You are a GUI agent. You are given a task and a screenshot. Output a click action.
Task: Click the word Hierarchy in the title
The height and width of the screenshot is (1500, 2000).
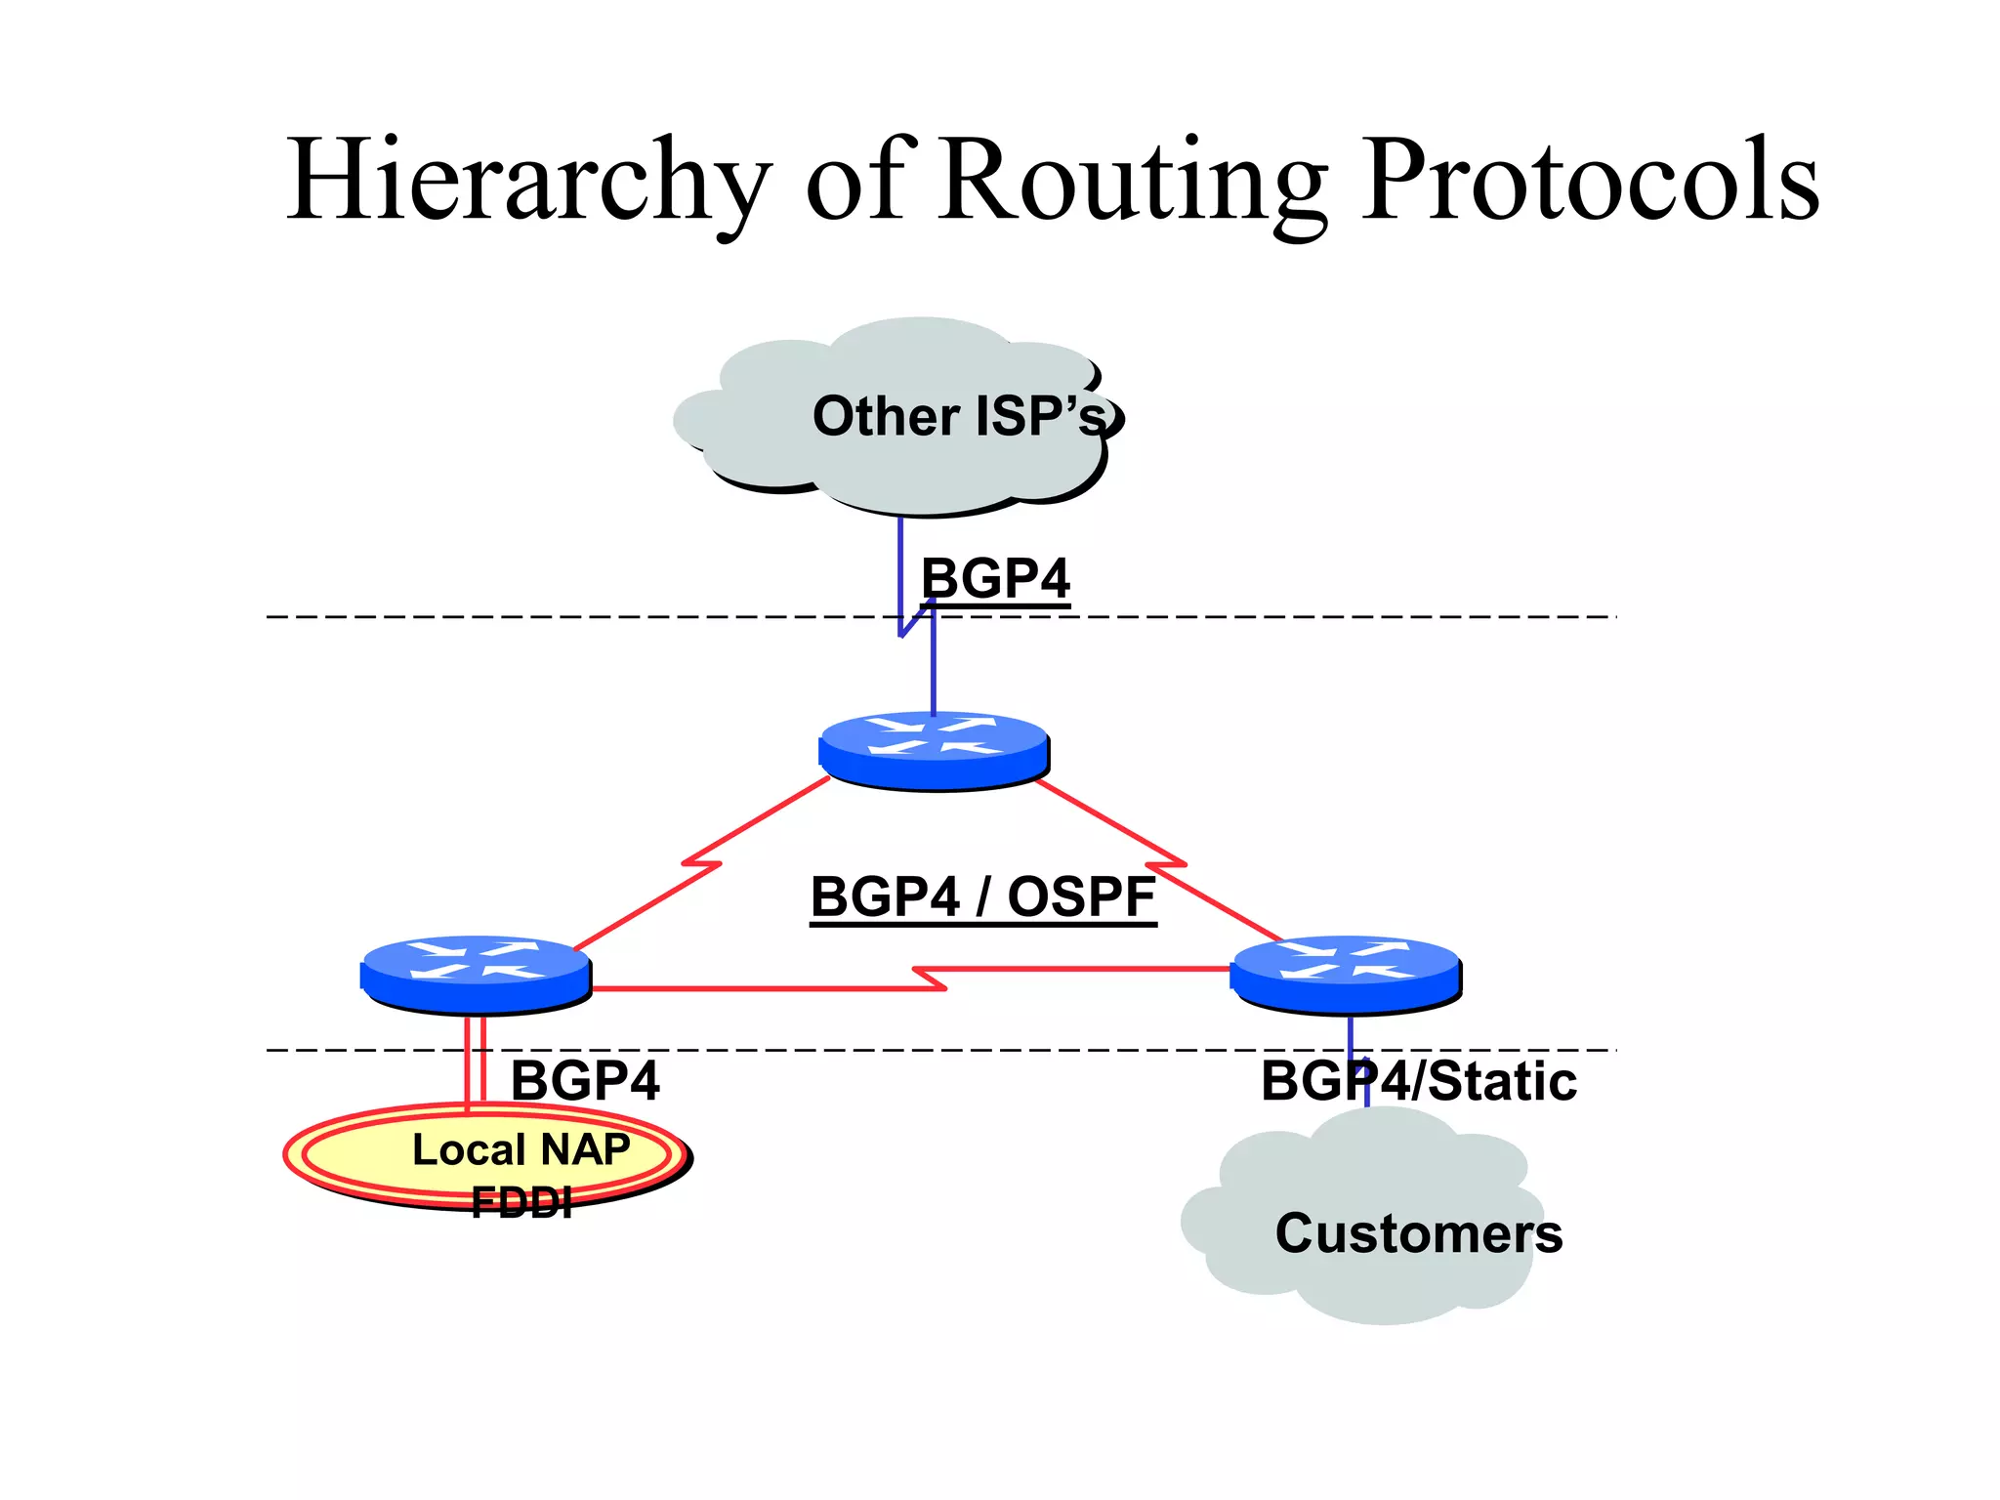point(527,181)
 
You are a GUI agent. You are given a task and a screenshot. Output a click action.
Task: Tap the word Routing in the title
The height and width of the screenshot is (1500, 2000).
point(1133,181)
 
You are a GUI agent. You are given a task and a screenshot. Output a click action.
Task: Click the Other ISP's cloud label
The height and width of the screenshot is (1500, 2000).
point(959,416)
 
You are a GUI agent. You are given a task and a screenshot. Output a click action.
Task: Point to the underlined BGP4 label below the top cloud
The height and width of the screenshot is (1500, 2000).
point(995,578)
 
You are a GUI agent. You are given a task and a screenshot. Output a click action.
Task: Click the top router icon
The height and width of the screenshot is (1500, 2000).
point(934,750)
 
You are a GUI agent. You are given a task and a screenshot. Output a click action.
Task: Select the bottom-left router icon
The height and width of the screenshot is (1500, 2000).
point(477,974)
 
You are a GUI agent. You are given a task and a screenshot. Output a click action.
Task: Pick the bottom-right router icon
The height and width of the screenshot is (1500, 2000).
point(1346,974)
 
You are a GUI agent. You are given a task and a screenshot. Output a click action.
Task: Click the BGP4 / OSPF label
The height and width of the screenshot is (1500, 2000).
point(982,896)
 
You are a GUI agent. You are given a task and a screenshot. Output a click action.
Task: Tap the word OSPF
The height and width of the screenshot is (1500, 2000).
point(1081,896)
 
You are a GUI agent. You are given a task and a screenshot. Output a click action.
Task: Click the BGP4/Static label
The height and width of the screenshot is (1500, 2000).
point(1418,1081)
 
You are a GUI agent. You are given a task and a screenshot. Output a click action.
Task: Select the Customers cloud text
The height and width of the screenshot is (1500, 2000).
point(1418,1233)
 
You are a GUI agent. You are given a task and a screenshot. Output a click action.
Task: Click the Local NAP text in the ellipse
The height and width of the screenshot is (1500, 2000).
point(521,1149)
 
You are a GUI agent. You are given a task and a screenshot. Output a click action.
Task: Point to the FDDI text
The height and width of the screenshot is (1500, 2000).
point(521,1202)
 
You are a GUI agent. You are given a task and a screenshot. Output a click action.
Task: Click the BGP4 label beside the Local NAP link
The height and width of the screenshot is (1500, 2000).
point(585,1081)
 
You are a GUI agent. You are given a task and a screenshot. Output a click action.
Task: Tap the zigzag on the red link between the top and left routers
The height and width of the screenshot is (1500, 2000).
point(701,863)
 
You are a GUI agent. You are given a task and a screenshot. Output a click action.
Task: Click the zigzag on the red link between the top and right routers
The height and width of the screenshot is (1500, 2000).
point(1166,864)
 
